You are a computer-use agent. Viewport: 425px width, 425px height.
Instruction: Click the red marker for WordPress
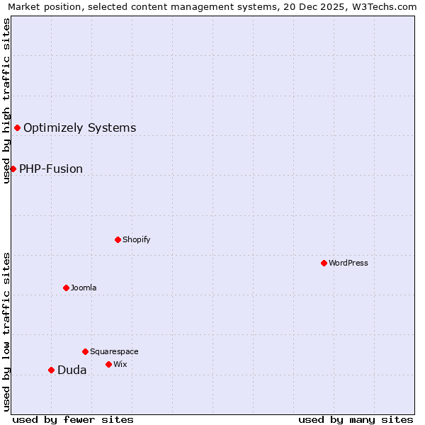(324, 263)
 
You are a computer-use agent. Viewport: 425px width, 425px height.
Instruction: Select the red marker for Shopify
(118, 239)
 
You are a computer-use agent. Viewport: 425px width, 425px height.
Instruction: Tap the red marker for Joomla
(66, 288)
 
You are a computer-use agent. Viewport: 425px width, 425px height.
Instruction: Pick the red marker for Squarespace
(85, 351)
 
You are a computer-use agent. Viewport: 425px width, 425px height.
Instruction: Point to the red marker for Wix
(108, 364)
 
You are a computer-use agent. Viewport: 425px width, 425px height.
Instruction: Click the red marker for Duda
(51, 370)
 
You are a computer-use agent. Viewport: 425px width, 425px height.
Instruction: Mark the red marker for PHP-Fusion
(13, 169)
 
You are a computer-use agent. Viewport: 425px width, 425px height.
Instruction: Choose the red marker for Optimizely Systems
(17, 127)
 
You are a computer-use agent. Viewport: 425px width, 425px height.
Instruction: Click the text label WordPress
(348, 263)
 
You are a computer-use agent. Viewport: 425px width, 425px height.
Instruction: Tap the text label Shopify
(137, 239)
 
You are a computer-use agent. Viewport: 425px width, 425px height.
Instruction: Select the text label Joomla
(84, 288)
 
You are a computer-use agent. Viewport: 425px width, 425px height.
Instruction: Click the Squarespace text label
(114, 351)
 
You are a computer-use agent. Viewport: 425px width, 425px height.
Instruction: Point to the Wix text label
(120, 364)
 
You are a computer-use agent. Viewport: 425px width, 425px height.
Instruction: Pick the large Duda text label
(72, 370)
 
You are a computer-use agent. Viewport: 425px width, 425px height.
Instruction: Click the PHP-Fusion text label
(51, 169)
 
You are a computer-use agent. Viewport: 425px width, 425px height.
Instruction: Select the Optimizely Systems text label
(80, 127)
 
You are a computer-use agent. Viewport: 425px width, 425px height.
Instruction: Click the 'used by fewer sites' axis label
(73, 419)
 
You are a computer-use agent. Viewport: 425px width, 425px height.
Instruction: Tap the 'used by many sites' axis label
(356, 419)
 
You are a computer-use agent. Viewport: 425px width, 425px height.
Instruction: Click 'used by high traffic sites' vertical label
(6, 101)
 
